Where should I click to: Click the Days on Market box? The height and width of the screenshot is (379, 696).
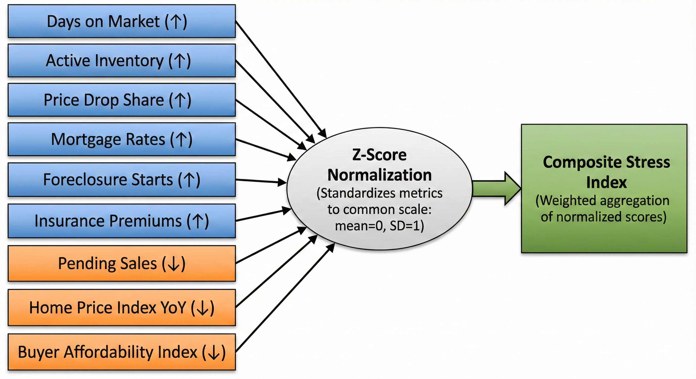click(122, 21)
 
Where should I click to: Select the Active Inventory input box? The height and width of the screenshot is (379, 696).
click(122, 60)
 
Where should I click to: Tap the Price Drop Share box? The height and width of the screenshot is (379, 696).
click(122, 100)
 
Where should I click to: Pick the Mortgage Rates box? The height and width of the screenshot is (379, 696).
click(122, 139)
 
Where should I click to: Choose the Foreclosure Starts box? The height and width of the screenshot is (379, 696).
click(122, 179)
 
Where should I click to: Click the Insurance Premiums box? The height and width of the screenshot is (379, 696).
click(122, 221)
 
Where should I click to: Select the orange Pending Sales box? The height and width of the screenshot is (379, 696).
click(122, 263)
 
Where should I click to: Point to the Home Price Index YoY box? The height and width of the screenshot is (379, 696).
click(122, 307)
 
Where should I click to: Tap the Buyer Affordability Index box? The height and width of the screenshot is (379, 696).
click(122, 352)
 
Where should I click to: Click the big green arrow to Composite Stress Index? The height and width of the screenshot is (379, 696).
click(497, 189)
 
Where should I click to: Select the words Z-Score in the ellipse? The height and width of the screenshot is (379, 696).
click(379, 155)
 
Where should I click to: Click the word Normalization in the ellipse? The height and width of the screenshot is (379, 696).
click(379, 175)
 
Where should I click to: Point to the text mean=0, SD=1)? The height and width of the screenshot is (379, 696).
click(379, 226)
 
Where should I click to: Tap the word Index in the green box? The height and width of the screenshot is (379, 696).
click(606, 183)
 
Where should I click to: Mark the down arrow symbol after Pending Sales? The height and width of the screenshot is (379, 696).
click(174, 264)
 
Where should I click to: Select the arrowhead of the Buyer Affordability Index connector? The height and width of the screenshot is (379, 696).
click(331, 247)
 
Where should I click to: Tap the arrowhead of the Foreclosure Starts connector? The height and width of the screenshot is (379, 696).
click(283, 183)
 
